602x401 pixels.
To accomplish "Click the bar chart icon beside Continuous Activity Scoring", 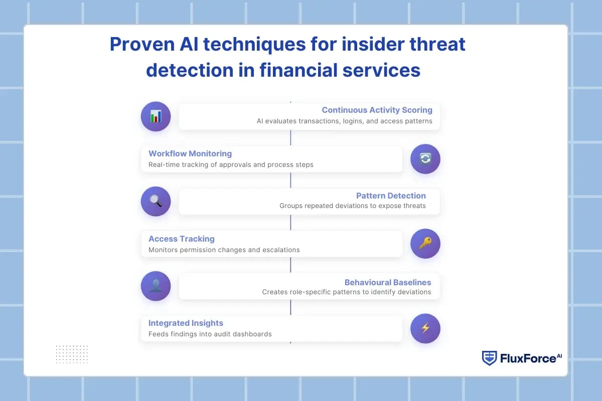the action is (156, 116).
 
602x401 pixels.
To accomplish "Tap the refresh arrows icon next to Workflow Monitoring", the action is (425, 159).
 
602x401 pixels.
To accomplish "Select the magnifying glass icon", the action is (156, 201).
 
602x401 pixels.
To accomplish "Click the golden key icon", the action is (425, 244).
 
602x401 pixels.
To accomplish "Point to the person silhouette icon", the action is (156, 286).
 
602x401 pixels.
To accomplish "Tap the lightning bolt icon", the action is (425, 328).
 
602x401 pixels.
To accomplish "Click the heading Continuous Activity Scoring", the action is (377, 110).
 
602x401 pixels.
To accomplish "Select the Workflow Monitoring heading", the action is (190, 153).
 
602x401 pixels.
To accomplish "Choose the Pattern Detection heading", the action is (391, 195).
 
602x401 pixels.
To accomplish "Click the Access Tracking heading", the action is (181, 239).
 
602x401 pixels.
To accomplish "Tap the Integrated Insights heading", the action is (186, 323).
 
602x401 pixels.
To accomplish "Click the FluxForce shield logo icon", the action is (489, 358).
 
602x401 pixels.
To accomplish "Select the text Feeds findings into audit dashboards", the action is (210, 334).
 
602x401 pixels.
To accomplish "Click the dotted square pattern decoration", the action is (72, 354).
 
